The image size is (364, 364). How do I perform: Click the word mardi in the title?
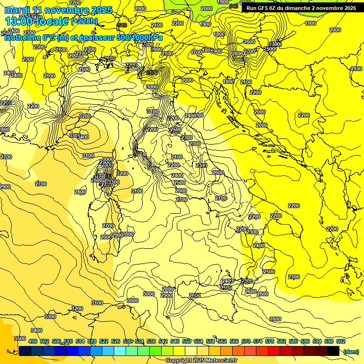click(18, 10)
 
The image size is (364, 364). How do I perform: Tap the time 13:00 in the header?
click(19, 21)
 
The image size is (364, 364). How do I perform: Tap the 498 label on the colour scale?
click(33, 341)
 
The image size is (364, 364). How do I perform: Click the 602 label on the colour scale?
click(341, 341)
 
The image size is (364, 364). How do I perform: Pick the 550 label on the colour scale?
click(187, 341)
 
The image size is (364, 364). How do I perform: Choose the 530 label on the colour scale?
click(127, 341)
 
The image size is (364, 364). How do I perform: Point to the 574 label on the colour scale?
click(258, 341)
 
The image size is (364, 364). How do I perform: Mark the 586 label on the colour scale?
click(293, 341)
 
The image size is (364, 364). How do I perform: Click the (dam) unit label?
click(351, 351)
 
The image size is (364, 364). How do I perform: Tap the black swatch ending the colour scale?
click(333, 351)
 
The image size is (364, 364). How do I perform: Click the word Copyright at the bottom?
click(179, 361)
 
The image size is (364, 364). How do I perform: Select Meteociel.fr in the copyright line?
click(221, 361)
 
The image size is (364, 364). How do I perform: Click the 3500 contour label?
click(20, 338)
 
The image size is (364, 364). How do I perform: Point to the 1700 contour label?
click(197, 52)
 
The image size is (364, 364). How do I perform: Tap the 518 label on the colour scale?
click(92, 341)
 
